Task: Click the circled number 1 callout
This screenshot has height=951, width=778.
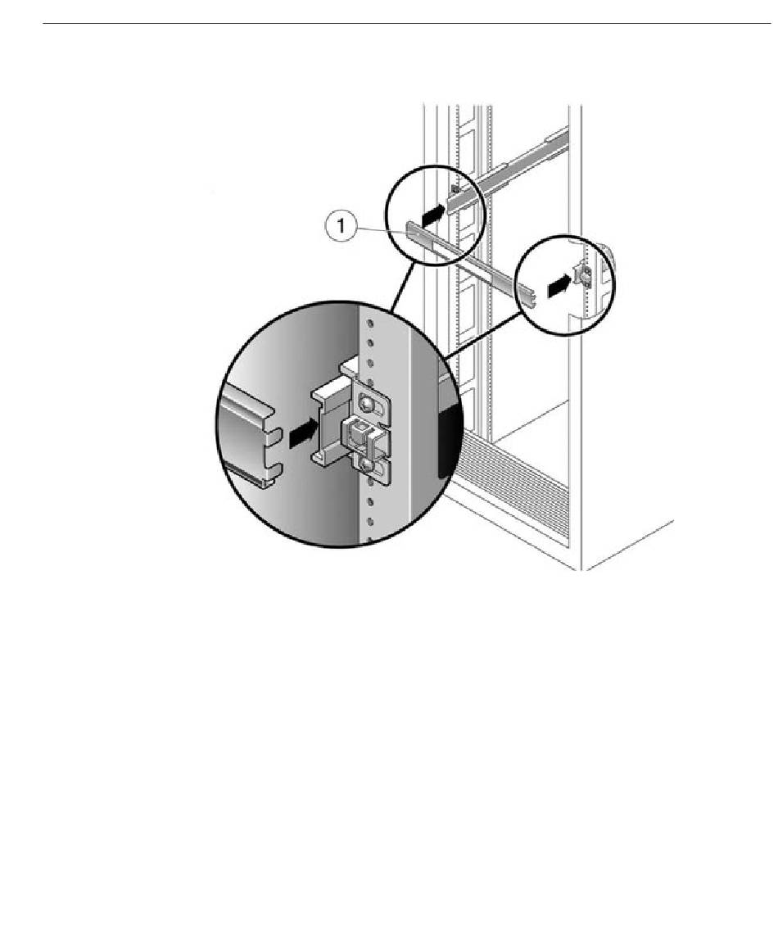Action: pos(342,227)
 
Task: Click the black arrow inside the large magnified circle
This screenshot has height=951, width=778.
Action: pos(304,433)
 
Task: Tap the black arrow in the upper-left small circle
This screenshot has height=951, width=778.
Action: pos(433,212)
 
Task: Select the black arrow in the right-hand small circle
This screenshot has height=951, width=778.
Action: pos(559,285)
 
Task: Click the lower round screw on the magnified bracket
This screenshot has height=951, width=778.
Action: pos(366,465)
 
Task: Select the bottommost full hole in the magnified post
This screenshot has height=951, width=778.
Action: pos(369,520)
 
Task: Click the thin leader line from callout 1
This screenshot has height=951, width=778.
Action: pos(382,229)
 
